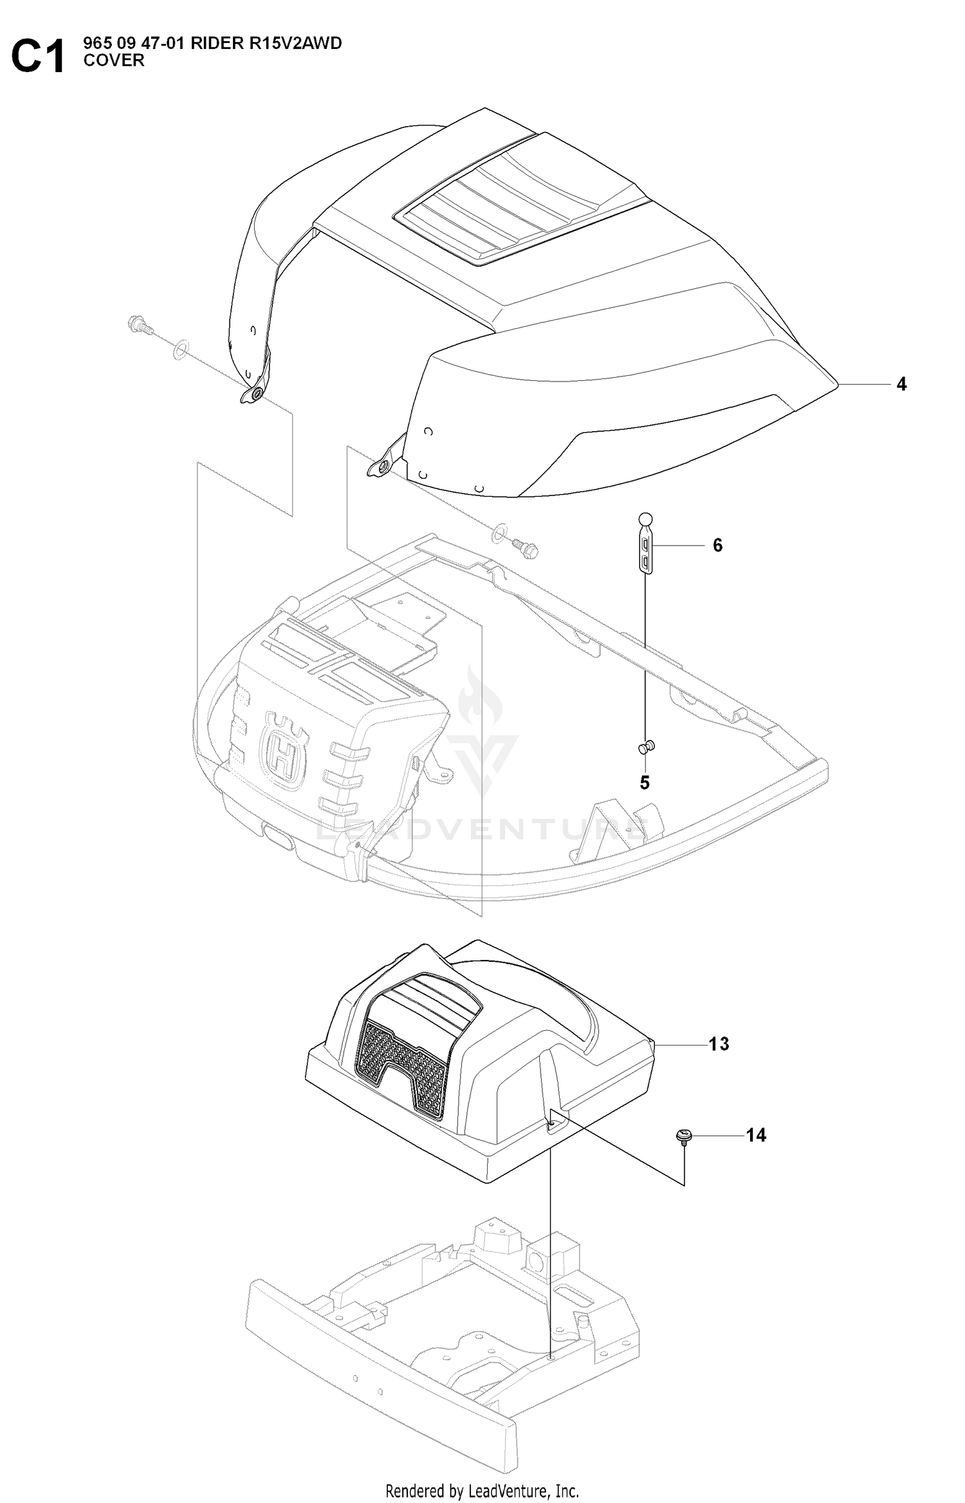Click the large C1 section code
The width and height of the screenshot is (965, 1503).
tap(38, 57)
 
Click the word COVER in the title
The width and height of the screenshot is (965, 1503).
tap(114, 60)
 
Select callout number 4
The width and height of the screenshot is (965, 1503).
tap(901, 384)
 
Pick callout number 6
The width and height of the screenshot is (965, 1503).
tap(718, 546)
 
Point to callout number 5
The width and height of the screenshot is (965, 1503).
tap(645, 783)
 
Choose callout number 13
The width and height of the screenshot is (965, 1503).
tap(719, 1044)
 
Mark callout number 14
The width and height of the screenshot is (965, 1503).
tap(756, 1136)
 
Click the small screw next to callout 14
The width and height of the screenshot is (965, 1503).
tap(683, 1136)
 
